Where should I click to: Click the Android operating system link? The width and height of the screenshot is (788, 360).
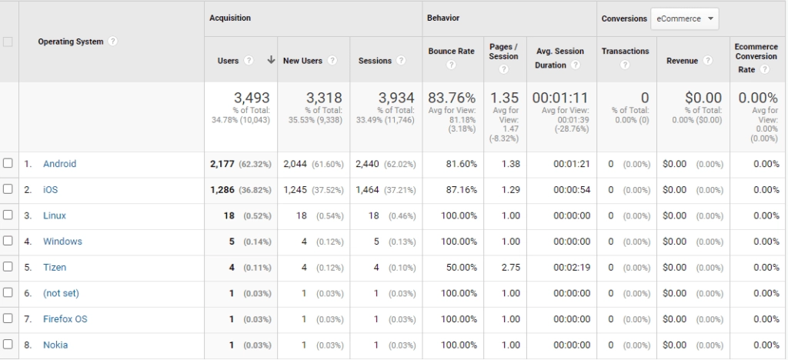(x=59, y=164)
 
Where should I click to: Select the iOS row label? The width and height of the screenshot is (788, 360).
(x=50, y=190)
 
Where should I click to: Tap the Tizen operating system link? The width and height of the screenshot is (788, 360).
(x=55, y=268)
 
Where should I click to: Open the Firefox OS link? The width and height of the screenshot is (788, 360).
(x=65, y=319)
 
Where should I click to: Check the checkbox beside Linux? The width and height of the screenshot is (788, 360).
(x=8, y=215)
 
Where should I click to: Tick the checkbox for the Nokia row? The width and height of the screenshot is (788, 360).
(x=8, y=345)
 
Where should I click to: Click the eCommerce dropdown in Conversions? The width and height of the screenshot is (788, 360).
(x=685, y=18)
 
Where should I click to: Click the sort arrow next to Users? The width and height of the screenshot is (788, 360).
(x=271, y=60)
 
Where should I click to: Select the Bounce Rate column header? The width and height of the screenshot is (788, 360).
(x=451, y=51)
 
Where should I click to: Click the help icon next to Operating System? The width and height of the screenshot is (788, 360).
(x=113, y=42)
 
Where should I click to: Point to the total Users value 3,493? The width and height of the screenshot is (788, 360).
(x=252, y=98)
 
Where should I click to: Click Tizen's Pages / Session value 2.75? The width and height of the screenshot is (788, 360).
(x=510, y=268)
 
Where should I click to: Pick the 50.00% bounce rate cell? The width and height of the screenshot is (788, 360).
(x=460, y=268)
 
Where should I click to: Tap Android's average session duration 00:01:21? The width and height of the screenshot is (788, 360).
(x=571, y=164)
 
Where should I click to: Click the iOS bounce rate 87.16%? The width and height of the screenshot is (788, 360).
(x=460, y=190)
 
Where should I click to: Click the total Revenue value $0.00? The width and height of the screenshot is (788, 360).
(x=703, y=98)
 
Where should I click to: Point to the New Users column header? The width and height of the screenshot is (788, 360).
(x=302, y=61)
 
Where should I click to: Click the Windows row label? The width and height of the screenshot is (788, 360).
(x=62, y=242)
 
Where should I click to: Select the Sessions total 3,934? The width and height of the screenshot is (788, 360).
(x=396, y=98)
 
